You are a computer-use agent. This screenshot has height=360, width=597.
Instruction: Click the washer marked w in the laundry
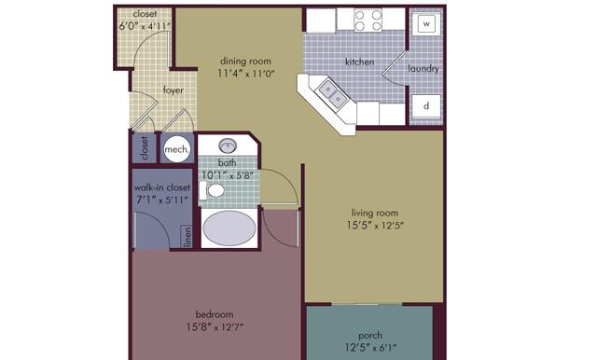click(426, 24)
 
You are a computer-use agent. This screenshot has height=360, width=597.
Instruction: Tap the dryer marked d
click(426, 105)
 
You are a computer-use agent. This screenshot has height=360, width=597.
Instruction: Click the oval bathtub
click(229, 228)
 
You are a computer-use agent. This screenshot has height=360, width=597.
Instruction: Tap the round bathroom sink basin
click(228, 145)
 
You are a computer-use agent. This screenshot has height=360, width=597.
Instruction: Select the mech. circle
click(176, 149)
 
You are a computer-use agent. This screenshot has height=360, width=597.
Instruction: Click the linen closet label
click(187, 237)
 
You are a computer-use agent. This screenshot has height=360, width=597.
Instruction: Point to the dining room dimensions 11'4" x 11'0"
click(246, 74)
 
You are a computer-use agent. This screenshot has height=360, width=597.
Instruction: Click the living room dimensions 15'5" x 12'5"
click(375, 226)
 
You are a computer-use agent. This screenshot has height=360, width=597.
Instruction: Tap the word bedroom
click(215, 314)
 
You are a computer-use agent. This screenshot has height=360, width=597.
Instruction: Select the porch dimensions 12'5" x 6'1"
click(370, 348)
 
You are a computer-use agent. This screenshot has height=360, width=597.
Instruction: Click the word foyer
click(174, 90)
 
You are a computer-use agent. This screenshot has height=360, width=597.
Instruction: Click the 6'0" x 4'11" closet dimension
click(145, 26)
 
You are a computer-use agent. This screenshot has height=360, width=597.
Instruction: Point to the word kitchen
click(359, 62)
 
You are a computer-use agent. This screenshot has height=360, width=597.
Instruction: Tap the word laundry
click(423, 69)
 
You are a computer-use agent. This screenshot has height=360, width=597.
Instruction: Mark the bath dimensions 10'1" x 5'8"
click(227, 175)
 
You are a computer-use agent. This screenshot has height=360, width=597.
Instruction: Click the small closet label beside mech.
click(145, 147)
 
